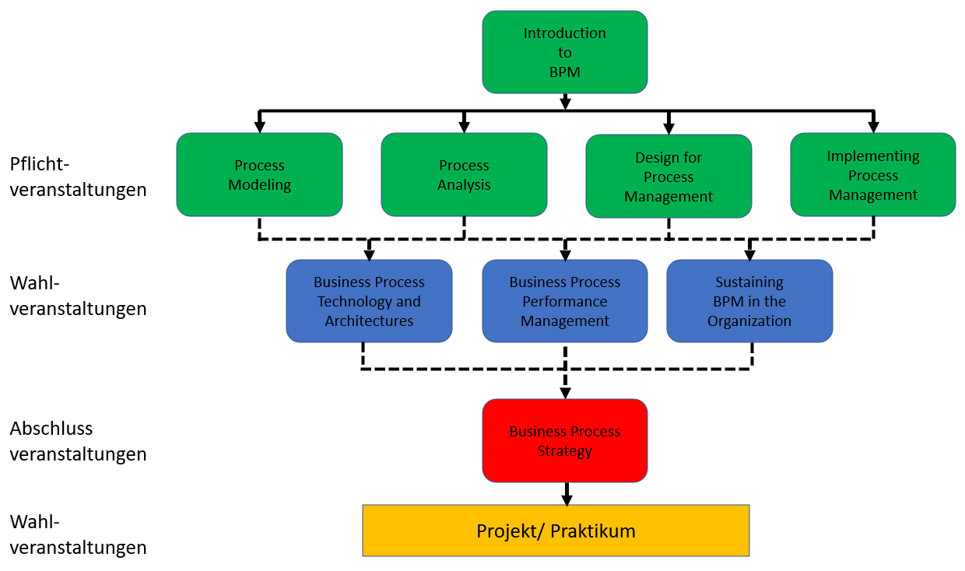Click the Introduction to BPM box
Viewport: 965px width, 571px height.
click(564, 52)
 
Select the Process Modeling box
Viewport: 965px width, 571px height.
click(259, 175)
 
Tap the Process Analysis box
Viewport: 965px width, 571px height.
click(464, 175)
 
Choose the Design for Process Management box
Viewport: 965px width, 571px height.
click(668, 177)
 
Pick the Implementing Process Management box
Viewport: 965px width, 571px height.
click(872, 175)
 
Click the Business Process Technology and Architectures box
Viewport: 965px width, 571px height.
click(369, 301)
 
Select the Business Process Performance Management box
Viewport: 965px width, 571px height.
click(564, 301)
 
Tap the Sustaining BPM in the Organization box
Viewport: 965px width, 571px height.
click(749, 301)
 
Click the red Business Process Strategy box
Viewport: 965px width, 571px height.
click(564, 441)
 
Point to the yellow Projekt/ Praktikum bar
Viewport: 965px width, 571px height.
click(556, 531)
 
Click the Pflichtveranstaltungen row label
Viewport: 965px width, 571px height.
click(78, 177)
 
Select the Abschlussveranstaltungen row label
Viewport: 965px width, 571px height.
click(78, 441)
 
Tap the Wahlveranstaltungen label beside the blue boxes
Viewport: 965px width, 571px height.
click(78, 296)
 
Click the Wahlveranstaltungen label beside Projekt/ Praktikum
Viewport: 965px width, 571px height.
click(78, 534)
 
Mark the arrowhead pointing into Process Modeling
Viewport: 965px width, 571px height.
click(260, 127)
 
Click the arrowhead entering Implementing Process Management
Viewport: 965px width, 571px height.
click(873, 127)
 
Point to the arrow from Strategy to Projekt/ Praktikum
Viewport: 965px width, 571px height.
click(567, 494)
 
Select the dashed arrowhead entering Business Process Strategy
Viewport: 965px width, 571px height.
click(565, 393)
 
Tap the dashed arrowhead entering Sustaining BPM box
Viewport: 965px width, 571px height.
click(750, 254)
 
